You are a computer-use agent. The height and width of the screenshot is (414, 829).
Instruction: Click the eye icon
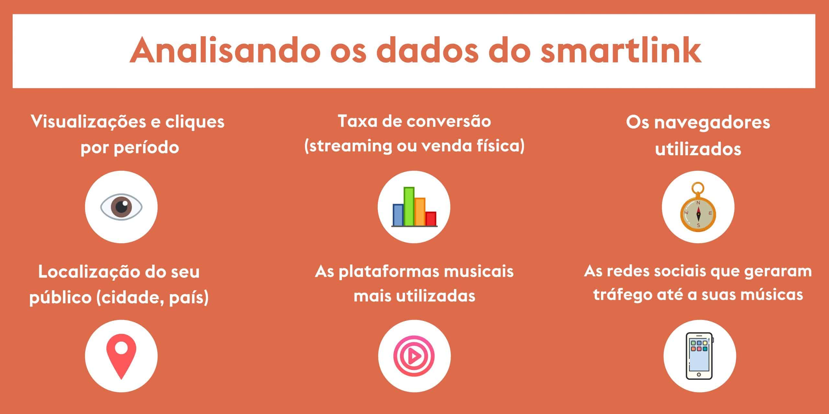click(121, 207)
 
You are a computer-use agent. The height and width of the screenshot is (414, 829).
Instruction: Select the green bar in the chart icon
click(409, 206)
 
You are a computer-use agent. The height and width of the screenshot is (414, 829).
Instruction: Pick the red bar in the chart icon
click(431, 219)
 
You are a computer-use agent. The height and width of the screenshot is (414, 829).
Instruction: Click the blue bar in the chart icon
click(398, 215)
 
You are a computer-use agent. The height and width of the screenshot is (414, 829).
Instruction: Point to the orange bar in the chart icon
click(420, 212)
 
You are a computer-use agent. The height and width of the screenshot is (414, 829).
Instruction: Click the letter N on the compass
click(698, 203)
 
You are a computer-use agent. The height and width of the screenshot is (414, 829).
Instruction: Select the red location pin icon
click(121, 356)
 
